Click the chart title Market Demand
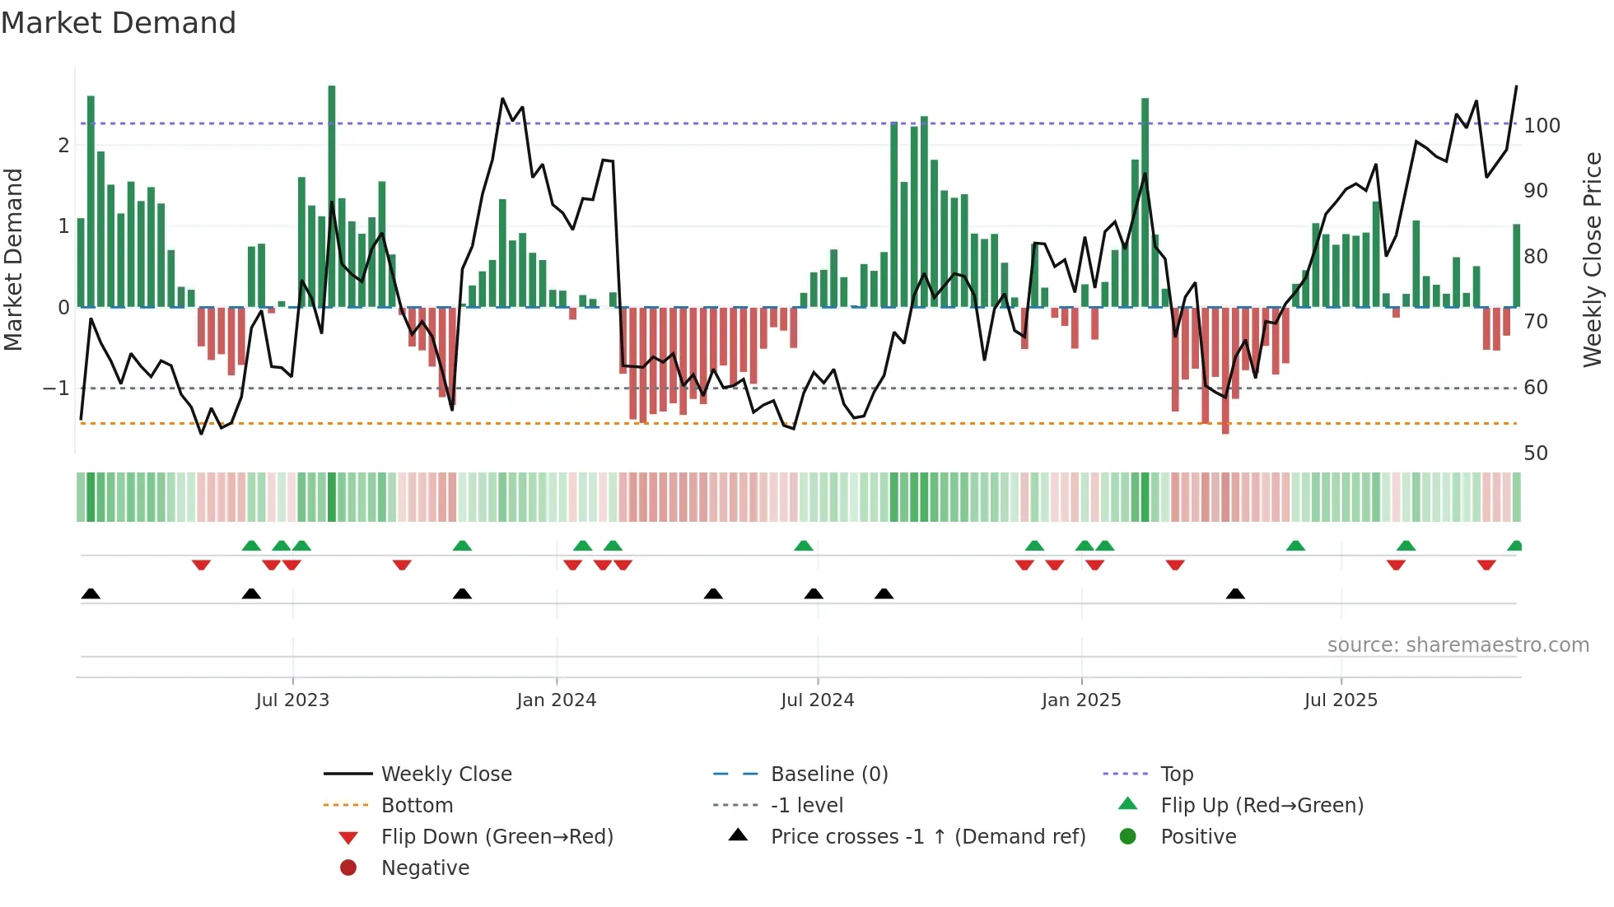click(119, 23)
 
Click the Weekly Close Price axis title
click(1593, 259)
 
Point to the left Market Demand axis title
click(14, 259)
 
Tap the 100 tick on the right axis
click(1542, 126)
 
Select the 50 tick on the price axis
click(1535, 453)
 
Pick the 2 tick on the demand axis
click(63, 146)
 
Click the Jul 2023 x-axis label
click(292, 700)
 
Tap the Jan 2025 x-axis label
click(1080, 700)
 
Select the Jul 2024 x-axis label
click(817, 700)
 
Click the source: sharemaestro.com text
click(1458, 645)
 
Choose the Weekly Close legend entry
click(445, 774)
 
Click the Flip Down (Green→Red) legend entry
click(497, 837)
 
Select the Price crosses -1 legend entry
click(927, 837)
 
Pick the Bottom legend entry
click(417, 806)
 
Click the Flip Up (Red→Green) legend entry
click(1262, 806)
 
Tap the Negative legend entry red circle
click(348, 868)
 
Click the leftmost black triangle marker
click(91, 594)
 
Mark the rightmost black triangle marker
click(1235, 594)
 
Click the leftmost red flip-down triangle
click(201, 565)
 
